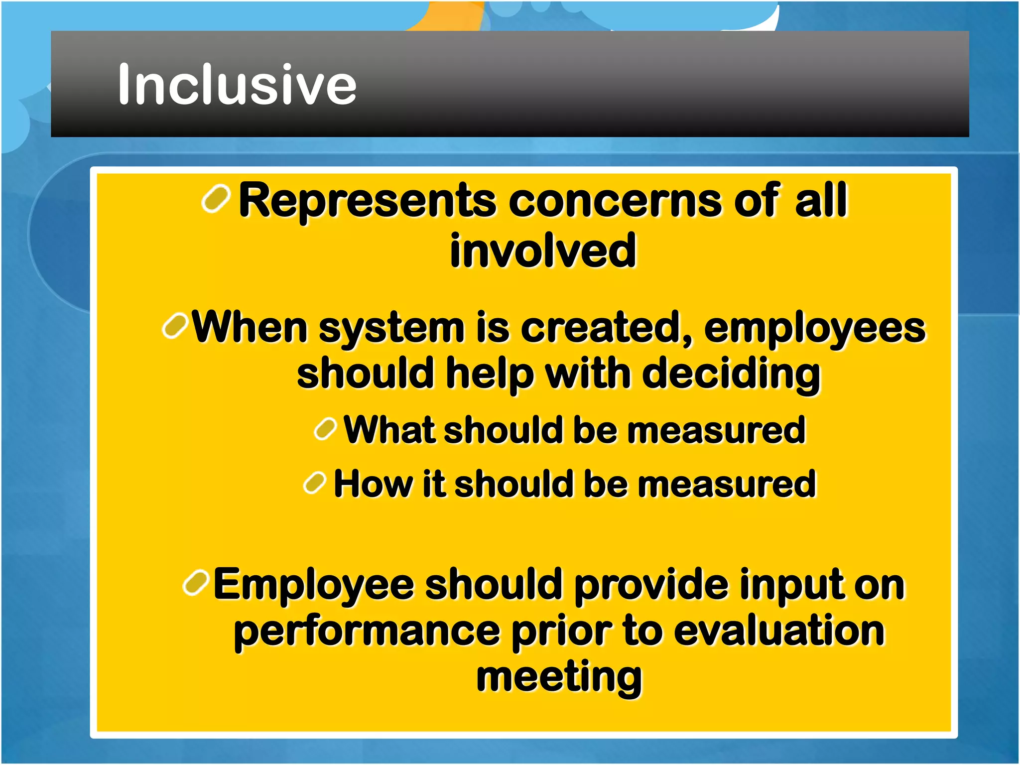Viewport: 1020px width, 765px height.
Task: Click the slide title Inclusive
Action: point(237,85)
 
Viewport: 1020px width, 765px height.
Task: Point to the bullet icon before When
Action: point(175,326)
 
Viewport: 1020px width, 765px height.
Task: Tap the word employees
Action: point(815,329)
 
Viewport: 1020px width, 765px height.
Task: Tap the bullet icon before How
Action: point(315,483)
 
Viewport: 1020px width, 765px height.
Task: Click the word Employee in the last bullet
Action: point(314,585)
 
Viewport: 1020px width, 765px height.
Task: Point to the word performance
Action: point(367,632)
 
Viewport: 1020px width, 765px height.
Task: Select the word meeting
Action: point(559,677)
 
